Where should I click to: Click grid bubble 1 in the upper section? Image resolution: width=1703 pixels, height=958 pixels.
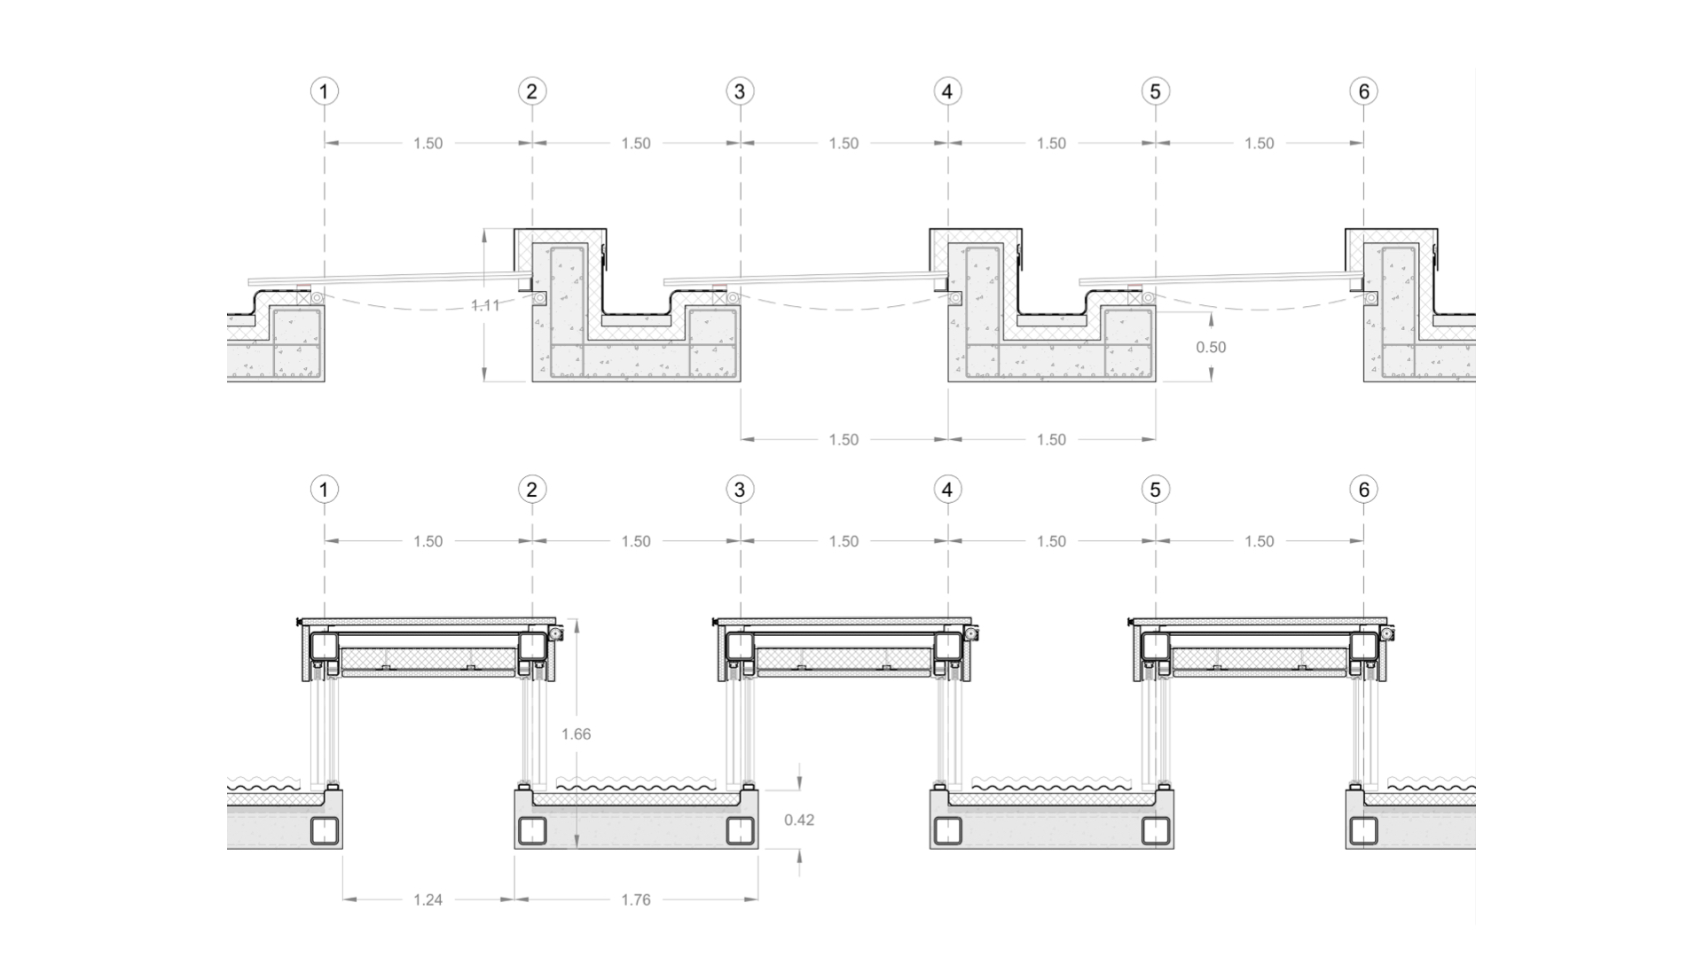[x=325, y=91]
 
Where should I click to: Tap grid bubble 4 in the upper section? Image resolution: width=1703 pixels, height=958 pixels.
[x=948, y=91]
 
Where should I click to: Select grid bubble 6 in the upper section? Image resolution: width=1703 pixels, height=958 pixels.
[x=1364, y=91]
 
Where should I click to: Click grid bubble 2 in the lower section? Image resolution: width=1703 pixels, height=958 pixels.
[x=532, y=490]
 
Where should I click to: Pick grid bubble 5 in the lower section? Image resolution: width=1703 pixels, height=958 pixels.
[x=1156, y=490]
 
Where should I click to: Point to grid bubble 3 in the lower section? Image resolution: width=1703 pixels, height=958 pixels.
[x=740, y=490]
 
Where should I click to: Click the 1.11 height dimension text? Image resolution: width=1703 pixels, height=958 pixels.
[x=485, y=306]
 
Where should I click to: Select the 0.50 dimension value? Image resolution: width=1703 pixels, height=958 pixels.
[x=1211, y=348]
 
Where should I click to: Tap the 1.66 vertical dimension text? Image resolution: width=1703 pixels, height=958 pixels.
[x=577, y=734]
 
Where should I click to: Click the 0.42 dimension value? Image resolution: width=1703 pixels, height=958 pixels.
[x=799, y=821]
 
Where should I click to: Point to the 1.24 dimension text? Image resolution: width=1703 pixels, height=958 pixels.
[x=428, y=900]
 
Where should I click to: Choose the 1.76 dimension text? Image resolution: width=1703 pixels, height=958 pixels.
[x=636, y=900]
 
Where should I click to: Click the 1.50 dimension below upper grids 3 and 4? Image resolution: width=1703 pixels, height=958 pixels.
[x=844, y=440]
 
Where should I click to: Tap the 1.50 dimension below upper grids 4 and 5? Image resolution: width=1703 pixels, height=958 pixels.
[x=1051, y=440]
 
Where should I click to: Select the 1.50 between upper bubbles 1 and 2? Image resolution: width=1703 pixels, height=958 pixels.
[x=428, y=144]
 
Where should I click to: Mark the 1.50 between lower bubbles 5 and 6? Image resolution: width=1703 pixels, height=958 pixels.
[x=1260, y=542]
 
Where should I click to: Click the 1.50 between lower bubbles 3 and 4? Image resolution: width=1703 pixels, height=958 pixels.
[x=844, y=542]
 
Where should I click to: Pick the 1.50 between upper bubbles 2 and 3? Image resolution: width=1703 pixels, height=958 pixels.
[x=636, y=144]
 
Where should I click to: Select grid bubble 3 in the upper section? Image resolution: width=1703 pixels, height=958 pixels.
[x=740, y=91]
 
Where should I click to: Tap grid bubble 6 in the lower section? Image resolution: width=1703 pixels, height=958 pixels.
[x=1364, y=490]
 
